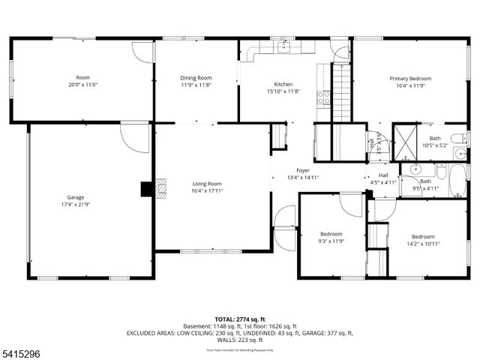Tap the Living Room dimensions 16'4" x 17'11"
(207, 191)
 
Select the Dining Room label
(196, 78)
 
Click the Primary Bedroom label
(410, 78)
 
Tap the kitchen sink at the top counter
(283, 46)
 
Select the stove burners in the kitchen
(323, 97)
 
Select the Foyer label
(302, 170)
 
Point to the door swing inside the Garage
(135, 139)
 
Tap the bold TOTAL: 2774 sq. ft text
(240, 319)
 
